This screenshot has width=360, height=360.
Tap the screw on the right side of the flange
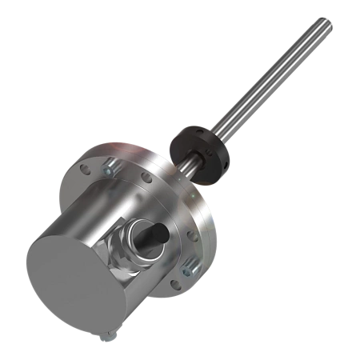[188, 265]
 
